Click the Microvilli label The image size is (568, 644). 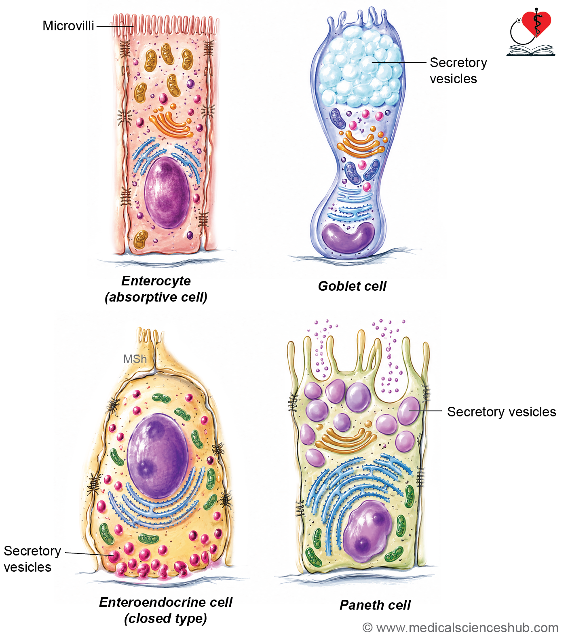pyautogui.click(x=68, y=26)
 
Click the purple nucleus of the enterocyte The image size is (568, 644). pyautogui.click(x=167, y=193)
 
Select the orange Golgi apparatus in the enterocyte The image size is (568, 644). pyautogui.click(x=171, y=124)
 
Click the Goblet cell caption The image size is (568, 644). pyautogui.click(x=352, y=286)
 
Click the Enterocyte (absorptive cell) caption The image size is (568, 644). pyautogui.click(x=156, y=289)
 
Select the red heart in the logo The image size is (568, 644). pyautogui.click(x=536, y=23)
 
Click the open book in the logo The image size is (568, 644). pyautogui.click(x=530, y=51)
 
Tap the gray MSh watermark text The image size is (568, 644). pyautogui.click(x=135, y=359)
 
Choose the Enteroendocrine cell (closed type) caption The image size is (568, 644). pyautogui.click(x=166, y=610)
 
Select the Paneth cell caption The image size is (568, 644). pyautogui.click(x=375, y=605)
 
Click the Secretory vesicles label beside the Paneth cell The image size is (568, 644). pyautogui.click(x=502, y=412)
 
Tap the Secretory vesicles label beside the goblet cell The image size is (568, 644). pyautogui.click(x=458, y=71)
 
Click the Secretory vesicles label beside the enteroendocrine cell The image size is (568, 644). pyautogui.click(x=32, y=559)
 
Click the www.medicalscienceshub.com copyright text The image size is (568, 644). pyautogui.click(x=461, y=628)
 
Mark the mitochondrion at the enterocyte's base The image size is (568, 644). pyautogui.click(x=141, y=239)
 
